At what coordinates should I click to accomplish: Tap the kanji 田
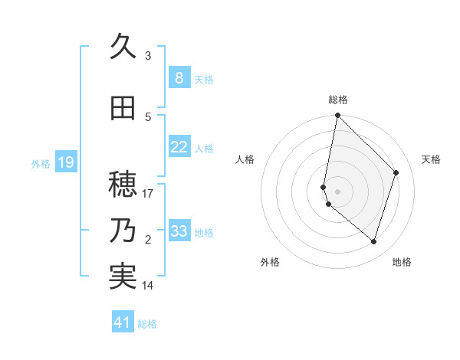click(123, 108)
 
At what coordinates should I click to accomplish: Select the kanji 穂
click(123, 185)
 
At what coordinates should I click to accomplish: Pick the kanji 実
click(123, 277)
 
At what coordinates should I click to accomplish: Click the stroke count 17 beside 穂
click(148, 194)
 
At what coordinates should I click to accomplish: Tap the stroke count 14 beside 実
click(148, 286)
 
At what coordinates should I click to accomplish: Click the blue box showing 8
click(179, 77)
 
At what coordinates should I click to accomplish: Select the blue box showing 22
click(179, 147)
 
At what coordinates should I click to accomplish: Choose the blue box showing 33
click(179, 231)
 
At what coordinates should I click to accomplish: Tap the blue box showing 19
click(65, 162)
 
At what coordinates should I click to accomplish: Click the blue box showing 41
click(123, 322)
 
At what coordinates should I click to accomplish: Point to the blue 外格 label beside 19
click(41, 163)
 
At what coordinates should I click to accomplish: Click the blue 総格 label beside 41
click(148, 324)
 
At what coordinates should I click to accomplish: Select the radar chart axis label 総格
click(338, 100)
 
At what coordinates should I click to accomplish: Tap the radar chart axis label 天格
click(432, 159)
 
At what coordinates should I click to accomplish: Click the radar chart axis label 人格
click(245, 159)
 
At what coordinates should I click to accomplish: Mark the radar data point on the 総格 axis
click(337, 115)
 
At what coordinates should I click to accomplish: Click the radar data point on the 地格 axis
click(373, 241)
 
